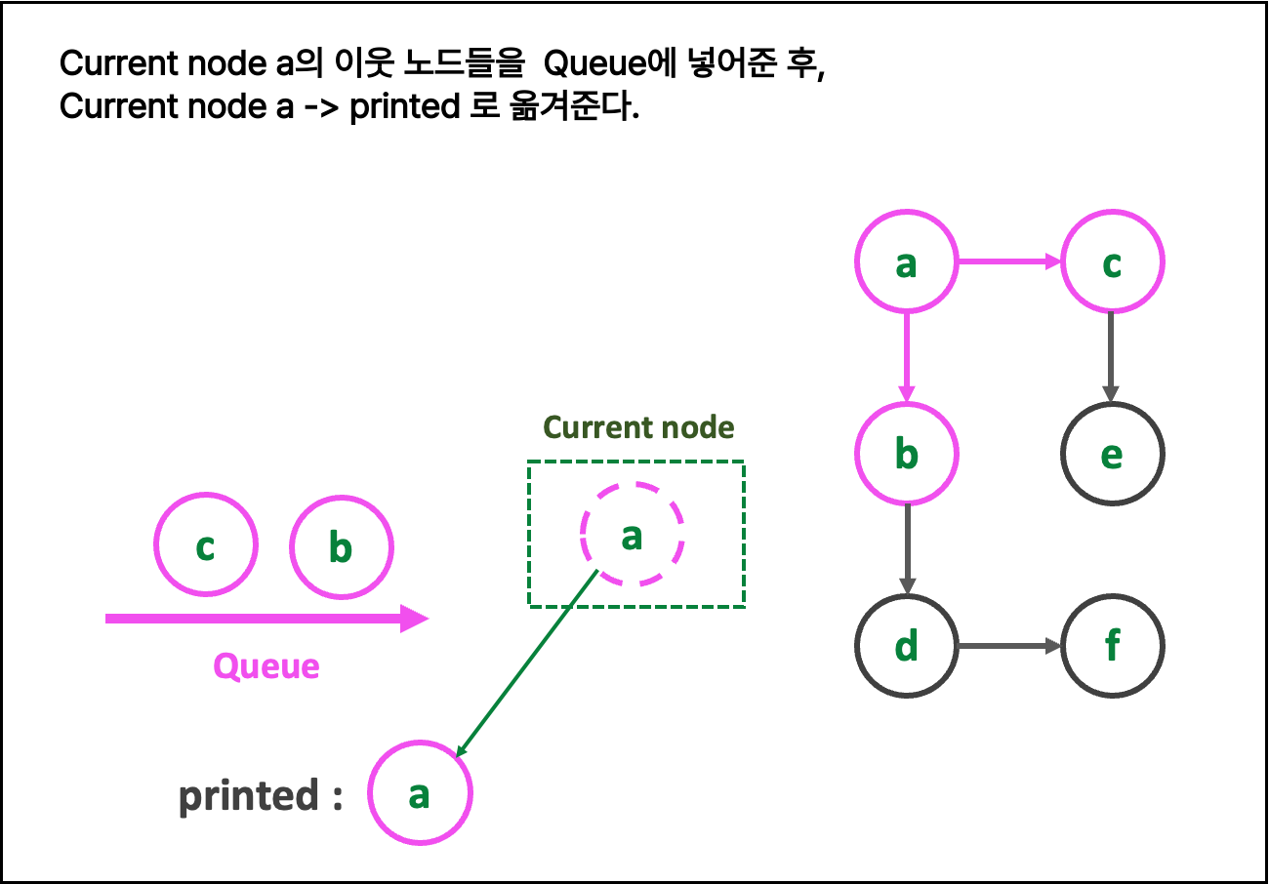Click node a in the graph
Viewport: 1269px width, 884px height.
(x=906, y=261)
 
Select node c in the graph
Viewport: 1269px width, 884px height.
(x=1112, y=261)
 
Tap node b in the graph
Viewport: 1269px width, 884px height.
(x=906, y=454)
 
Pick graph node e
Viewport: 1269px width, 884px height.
(x=1112, y=454)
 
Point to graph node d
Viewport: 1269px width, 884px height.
(x=906, y=646)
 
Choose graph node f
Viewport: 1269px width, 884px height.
(x=1112, y=646)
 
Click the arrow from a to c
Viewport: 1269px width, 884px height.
(x=1008, y=261)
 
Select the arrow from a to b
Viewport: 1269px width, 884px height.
(x=906, y=357)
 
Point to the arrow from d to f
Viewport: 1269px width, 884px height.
(x=1008, y=646)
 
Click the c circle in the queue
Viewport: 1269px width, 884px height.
(x=205, y=544)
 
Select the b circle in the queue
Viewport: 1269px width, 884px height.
(x=341, y=547)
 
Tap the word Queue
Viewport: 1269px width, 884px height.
(x=266, y=666)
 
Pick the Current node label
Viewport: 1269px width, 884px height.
(x=638, y=427)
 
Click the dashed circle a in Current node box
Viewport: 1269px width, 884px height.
(x=633, y=535)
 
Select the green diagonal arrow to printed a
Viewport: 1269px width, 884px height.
(x=527, y=663)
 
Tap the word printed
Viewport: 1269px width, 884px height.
(x=248, y=796)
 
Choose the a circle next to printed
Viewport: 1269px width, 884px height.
(x=420, y=793)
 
